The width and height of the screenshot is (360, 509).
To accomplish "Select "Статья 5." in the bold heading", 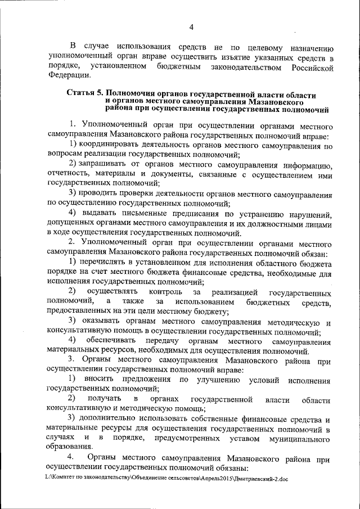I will point(85,94).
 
